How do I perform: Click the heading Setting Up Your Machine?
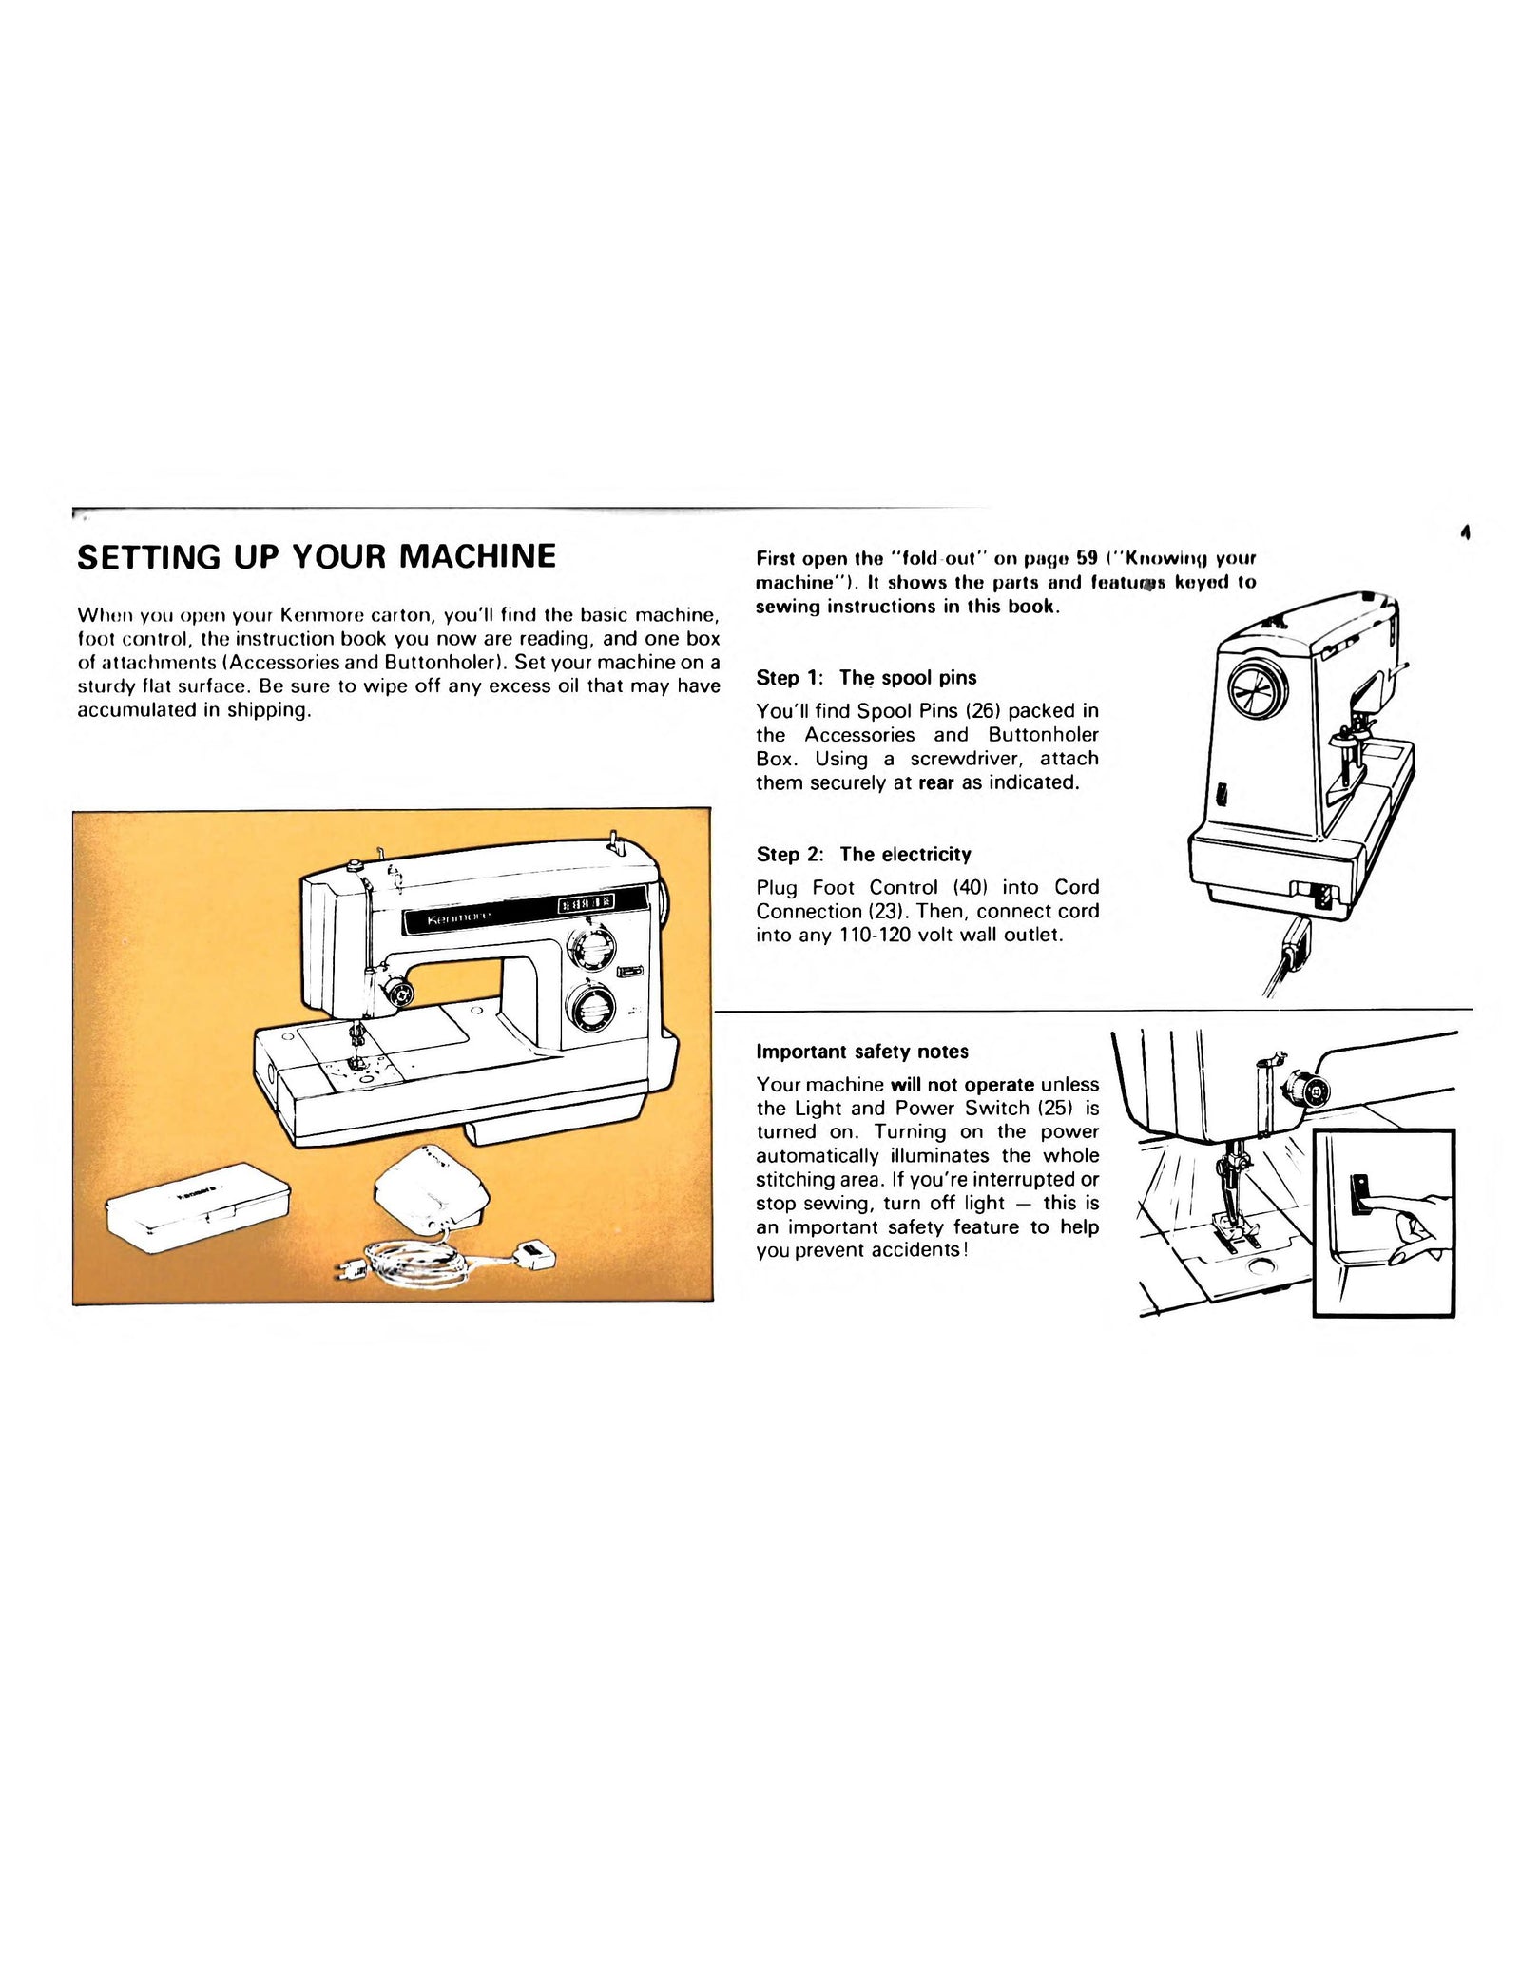tap(316, 556)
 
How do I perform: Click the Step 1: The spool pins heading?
tap(865, 678)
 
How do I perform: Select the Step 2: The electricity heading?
tap(862, 854)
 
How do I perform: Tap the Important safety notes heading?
tap(861, 1052)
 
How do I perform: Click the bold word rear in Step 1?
tap(935, 782)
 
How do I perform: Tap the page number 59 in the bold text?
tap(1087, 558)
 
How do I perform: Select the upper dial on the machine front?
tap(591, 948)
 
